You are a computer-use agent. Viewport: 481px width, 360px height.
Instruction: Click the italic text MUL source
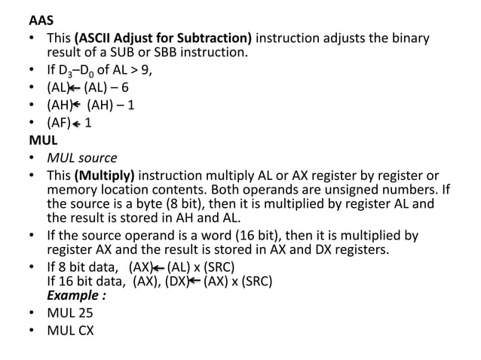pos(82,157)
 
